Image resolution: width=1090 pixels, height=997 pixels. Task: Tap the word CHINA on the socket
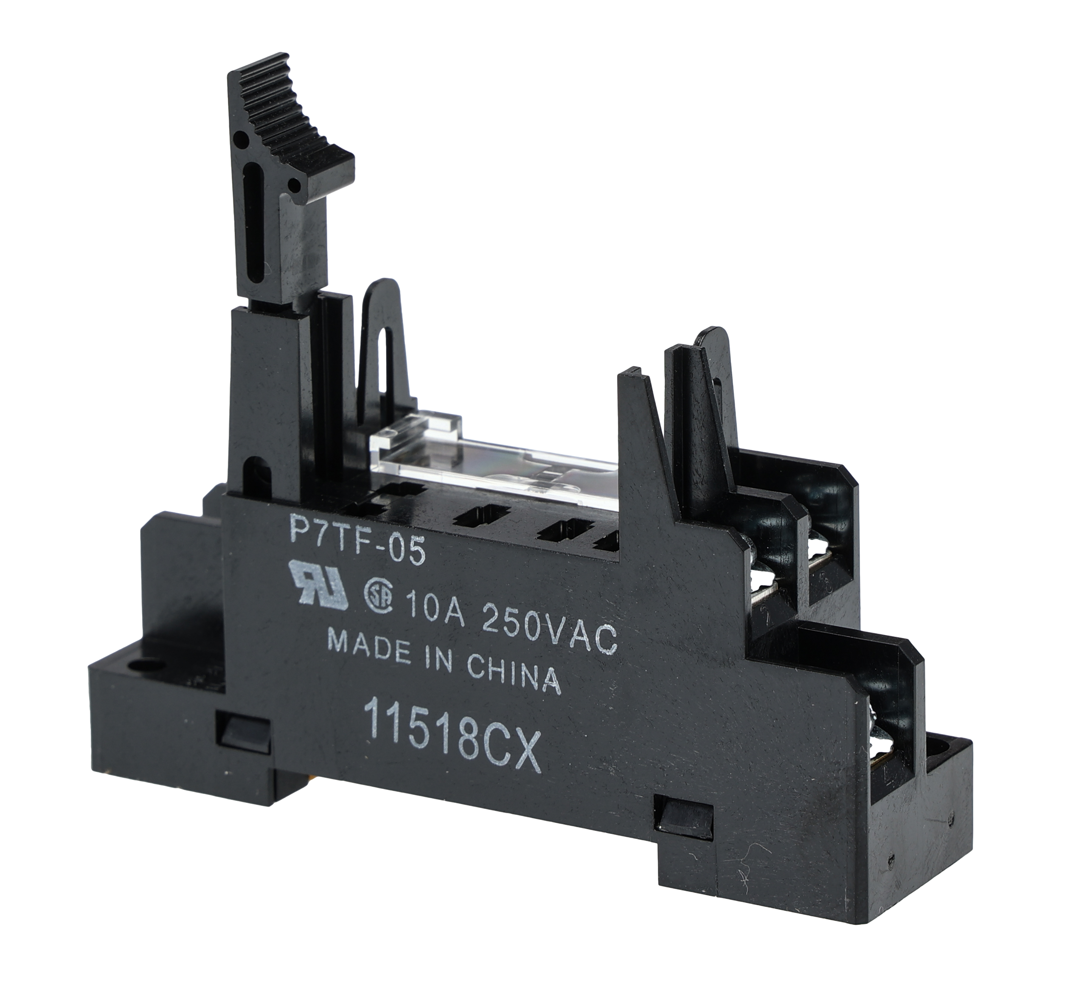512,677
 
